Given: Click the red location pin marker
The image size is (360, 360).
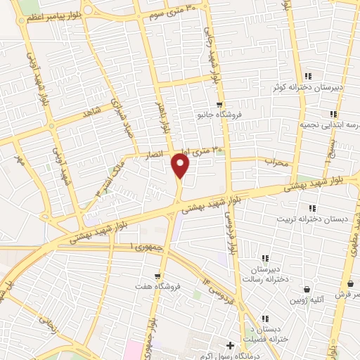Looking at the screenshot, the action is pos(181,166).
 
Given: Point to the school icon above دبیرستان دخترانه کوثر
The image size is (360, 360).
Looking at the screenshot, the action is pos(308,76).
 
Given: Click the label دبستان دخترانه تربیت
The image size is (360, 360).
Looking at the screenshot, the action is pos(312,219).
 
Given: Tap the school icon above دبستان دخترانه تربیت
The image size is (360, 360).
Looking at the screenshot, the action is pos(311,207).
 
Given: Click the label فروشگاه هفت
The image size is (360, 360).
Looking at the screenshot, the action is pos(159,287).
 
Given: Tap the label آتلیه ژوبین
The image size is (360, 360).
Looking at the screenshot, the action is pos(307,300).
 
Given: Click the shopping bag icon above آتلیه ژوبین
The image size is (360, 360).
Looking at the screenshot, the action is pos(307,289).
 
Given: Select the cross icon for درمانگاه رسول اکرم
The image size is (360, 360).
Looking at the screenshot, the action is pos(230,346).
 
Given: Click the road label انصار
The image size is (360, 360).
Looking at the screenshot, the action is pos(154,153).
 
